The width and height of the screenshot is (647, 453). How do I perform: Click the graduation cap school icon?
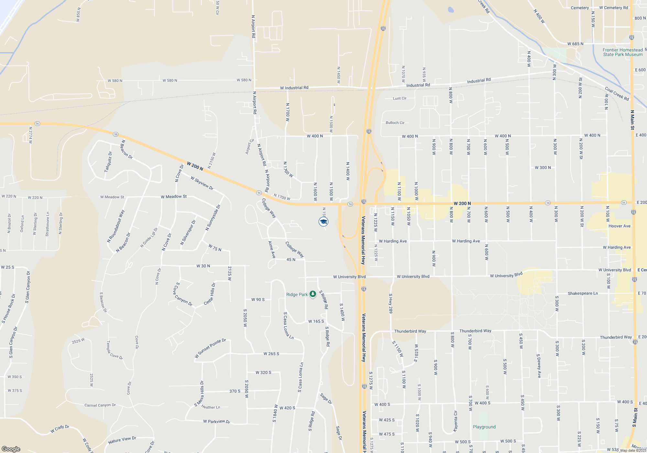point(323,222)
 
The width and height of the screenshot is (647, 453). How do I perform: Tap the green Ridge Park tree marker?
point(313,294)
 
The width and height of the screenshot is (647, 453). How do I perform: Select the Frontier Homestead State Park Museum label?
point(622,52)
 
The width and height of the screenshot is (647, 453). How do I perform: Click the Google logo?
point(11,449)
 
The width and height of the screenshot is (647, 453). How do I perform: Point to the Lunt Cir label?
point(400,98)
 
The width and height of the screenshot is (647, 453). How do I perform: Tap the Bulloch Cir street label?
point(395,123)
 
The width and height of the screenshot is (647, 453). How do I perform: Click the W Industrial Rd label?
point(294,88)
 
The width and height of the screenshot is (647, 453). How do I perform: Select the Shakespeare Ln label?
point(583,293)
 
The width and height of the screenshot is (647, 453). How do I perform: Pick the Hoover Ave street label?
point(619,226)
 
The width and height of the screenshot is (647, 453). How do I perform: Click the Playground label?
point(484,427)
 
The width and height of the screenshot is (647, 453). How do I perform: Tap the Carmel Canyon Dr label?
point(100,405)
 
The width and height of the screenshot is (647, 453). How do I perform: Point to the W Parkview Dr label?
point(216,421)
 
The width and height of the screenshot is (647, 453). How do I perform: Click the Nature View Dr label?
point(122,440)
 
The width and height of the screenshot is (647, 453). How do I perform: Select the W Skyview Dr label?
point(202,183)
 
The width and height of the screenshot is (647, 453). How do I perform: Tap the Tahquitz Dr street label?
point(108,161)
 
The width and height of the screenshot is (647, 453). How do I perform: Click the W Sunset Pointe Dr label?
point(210,348)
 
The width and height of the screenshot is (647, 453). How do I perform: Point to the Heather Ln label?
point(211,407)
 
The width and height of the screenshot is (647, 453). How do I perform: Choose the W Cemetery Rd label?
point(613,8)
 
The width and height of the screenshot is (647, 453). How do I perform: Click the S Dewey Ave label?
point(539,366)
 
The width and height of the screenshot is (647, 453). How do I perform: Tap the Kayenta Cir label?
point(455,421)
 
